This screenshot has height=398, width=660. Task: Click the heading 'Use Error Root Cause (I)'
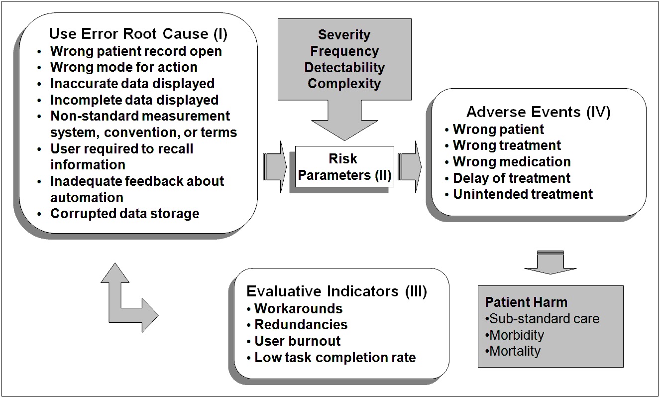point(138,34)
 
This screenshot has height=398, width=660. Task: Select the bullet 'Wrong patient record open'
point(136,51)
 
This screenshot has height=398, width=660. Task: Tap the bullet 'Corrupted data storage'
point(124,214)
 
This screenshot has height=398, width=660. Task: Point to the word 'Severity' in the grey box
point(344,35)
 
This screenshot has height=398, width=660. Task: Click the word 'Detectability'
point(344,67)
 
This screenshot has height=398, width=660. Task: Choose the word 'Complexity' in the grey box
point(344,83)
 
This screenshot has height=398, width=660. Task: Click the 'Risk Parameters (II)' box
point(344,166)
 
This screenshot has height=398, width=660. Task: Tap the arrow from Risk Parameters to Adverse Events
point(410,166)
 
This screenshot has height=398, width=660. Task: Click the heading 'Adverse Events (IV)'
point(539,112)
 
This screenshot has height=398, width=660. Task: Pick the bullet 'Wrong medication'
point(511,162)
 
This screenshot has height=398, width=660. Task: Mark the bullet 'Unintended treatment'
point(523,194)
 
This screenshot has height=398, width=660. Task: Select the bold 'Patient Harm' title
point(526,302)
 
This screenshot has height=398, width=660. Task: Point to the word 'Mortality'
point(515,351)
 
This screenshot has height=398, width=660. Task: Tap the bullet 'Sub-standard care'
point(544,319)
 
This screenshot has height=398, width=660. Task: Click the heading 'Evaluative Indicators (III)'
point(337,291)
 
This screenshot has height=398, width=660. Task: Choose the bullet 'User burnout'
point(297,341)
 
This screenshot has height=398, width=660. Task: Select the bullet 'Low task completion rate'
point(335,357)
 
